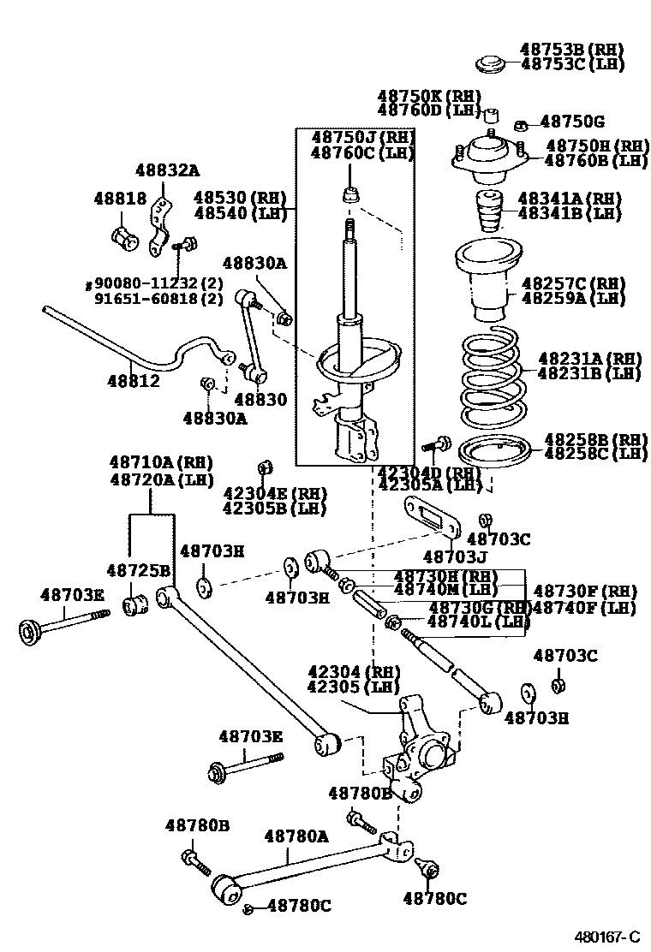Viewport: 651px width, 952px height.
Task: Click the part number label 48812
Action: (x=134, y=381)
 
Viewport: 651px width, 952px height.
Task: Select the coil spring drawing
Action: (x=496, y=378)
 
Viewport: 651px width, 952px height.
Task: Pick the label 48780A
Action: (x=296, y=836)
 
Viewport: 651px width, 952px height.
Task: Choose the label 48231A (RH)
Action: (x=589, y=358)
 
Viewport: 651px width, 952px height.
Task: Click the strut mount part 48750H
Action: (x=486, y=158)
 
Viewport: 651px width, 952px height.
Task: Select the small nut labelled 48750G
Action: (x=522, y=125)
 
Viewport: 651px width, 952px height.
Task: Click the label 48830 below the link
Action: (x=260, y=400)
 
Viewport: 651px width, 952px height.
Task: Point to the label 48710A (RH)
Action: (x=160, y=463)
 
